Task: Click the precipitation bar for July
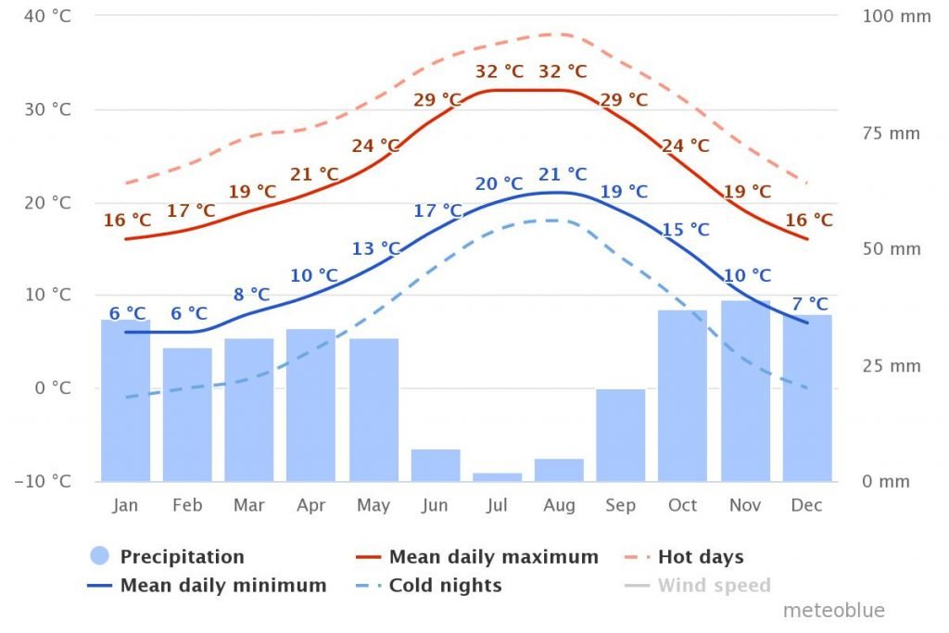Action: [x=497, y=476]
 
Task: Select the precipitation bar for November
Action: [x=745, y=390]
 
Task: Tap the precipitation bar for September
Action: [x=620, y=435]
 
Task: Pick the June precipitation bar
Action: [x=435, y=464]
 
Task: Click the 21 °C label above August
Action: [x=563, y=174]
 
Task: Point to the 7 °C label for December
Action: [x=810, y=304]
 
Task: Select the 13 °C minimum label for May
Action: [x=375, y=248]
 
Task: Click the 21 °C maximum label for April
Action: [x=314, y=174]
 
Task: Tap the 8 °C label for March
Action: [x=251, y=295]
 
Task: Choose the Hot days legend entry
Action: [x=700, y=557]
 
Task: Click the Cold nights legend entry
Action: [x=445, y=586]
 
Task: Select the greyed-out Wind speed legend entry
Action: [x=714, y=586]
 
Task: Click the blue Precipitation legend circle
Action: [x=100, y=557]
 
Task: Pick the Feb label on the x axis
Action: [x=187, y=506]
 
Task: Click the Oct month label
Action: [x=683, y=506]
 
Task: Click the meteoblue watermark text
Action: [x=834, y=611]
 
